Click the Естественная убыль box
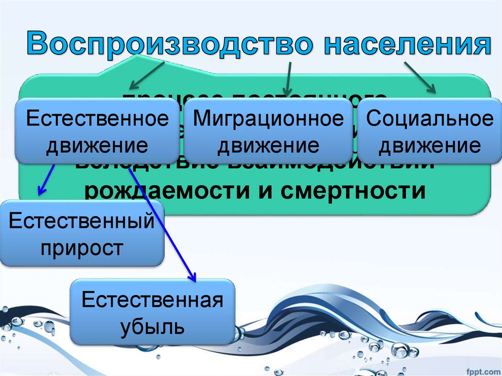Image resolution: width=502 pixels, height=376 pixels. tap(152, 312)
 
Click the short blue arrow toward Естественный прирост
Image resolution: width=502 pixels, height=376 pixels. tap(47, 178)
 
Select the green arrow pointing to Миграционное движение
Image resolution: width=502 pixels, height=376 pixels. tap(288, 78)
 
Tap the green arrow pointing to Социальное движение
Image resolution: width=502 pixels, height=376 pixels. tap(420, 77)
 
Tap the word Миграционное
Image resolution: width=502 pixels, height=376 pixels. tap(268, 119)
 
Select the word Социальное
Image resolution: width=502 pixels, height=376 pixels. tap(430, 119)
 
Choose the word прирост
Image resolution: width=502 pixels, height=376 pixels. tap(82, 247)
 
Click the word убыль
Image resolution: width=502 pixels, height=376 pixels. tap(152, 326)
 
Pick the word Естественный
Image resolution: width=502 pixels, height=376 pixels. tap(82, 221)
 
